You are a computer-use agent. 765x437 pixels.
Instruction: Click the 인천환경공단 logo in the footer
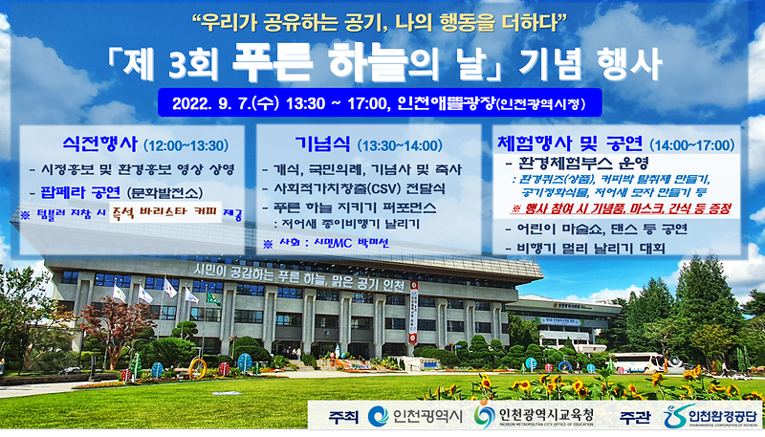point(710,416)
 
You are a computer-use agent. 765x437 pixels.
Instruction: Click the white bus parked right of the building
point(635,362)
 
